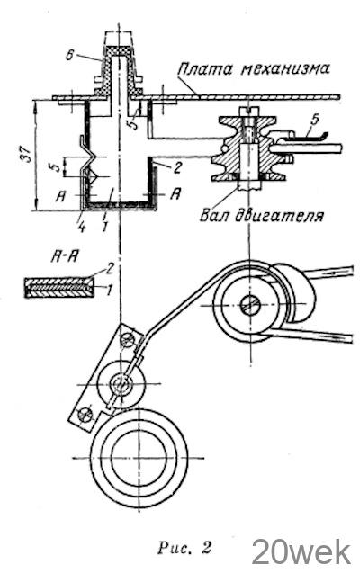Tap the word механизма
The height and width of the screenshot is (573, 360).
click(285, 68)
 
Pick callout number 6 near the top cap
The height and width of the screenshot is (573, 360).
click(70, 56)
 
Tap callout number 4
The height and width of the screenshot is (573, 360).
click(81, 228)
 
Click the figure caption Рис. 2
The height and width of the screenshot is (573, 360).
click(184, 548)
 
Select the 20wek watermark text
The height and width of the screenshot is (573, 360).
click(301, 551)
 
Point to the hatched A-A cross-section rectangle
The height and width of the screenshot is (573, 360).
click(58, 287)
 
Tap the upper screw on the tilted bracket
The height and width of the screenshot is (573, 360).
click(128, 340)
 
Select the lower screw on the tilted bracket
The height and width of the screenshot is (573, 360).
click(85, 414)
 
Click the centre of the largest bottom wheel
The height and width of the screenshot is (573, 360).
click(139, 458)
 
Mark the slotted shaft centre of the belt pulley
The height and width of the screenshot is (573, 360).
click(250, 304)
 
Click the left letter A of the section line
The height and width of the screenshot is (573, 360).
click(60, 196)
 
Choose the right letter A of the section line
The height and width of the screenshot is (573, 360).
click(175, 194)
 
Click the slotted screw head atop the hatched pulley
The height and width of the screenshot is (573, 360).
click(248, 110)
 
